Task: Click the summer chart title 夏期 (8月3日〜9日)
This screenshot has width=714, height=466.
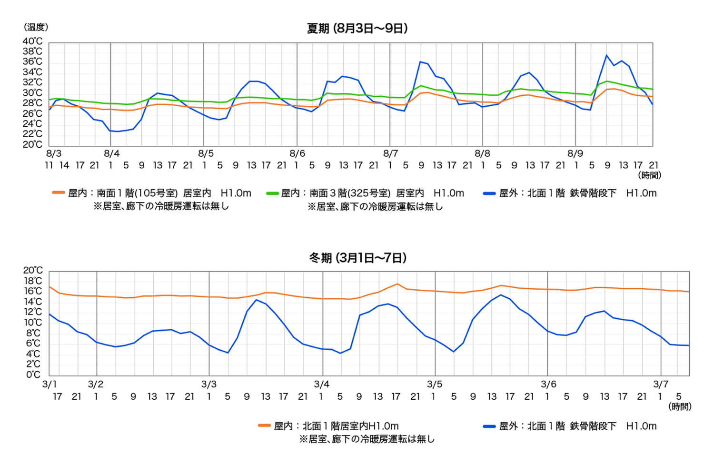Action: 357,28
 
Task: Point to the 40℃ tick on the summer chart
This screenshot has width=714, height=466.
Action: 32,41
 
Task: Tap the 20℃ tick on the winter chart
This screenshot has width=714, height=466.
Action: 33,271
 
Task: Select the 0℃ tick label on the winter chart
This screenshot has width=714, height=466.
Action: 33,375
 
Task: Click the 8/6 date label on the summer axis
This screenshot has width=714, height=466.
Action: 297,153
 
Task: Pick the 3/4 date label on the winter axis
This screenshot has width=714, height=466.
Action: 322,384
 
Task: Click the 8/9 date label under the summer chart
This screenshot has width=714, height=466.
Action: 575,153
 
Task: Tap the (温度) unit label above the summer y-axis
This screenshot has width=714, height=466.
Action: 36,27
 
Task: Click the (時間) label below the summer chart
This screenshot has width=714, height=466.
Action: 650,175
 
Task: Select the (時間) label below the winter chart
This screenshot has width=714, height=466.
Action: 680,406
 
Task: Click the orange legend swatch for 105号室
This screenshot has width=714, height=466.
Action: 58,193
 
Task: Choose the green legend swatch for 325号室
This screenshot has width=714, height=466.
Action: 272,193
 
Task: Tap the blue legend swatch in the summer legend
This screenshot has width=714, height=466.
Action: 489,193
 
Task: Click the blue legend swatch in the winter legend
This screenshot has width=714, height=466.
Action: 489,426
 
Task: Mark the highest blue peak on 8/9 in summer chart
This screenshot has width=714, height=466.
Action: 606,55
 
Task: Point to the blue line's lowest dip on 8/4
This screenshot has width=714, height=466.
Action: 118,132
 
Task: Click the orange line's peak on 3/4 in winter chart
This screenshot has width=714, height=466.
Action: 397,284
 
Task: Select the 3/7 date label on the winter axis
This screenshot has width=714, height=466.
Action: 660,384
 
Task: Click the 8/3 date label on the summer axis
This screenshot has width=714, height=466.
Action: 53,153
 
